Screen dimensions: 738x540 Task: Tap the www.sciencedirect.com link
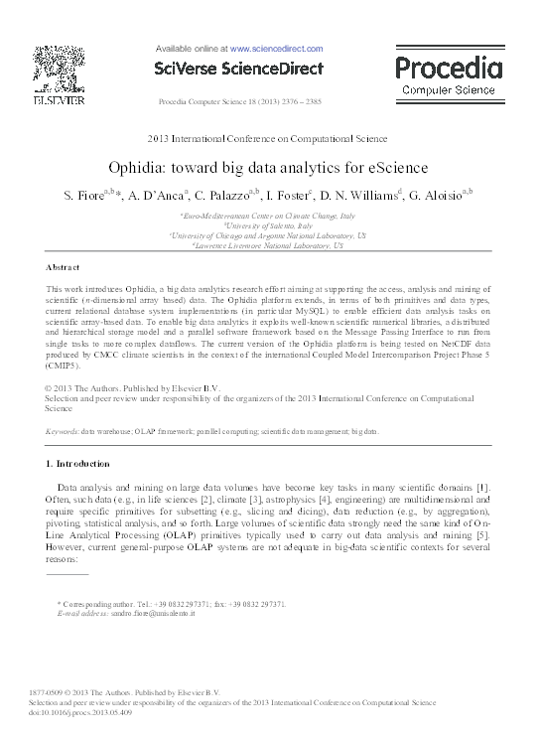coord(276,49)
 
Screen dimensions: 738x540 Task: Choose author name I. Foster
coord(288,196)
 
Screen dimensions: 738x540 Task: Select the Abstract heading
coord(63,268)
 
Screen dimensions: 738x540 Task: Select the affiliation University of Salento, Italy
coord(268,225)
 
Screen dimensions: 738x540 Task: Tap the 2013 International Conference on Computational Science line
coord(267,139)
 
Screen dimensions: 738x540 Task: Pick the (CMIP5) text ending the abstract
coord(67,368)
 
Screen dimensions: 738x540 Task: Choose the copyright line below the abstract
coord(133,387)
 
